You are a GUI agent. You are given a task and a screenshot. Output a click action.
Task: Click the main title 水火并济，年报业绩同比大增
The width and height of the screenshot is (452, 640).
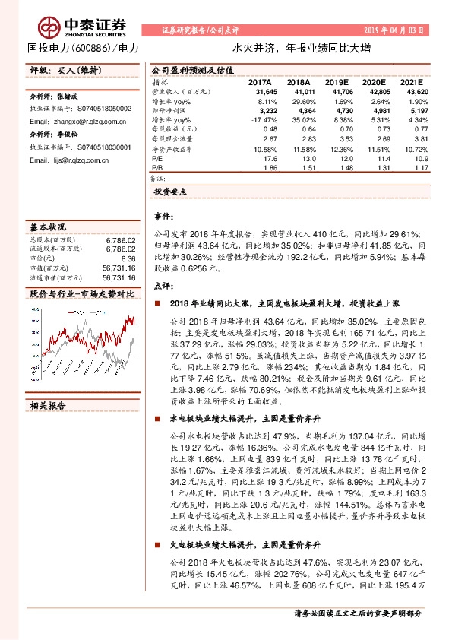pos(302,47)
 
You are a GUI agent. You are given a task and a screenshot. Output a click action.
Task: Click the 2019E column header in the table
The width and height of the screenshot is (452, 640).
pos(335,81)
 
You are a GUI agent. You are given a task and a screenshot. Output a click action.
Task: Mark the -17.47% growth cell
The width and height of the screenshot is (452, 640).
pos(259,119)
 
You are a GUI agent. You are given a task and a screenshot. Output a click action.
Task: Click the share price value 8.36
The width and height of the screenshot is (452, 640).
pos(128,259)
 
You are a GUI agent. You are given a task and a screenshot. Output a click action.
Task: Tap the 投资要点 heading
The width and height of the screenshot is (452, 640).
pos(170,192)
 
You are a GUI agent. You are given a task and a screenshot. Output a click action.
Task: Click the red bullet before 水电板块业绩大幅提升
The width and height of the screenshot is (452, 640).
pos(156,418)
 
